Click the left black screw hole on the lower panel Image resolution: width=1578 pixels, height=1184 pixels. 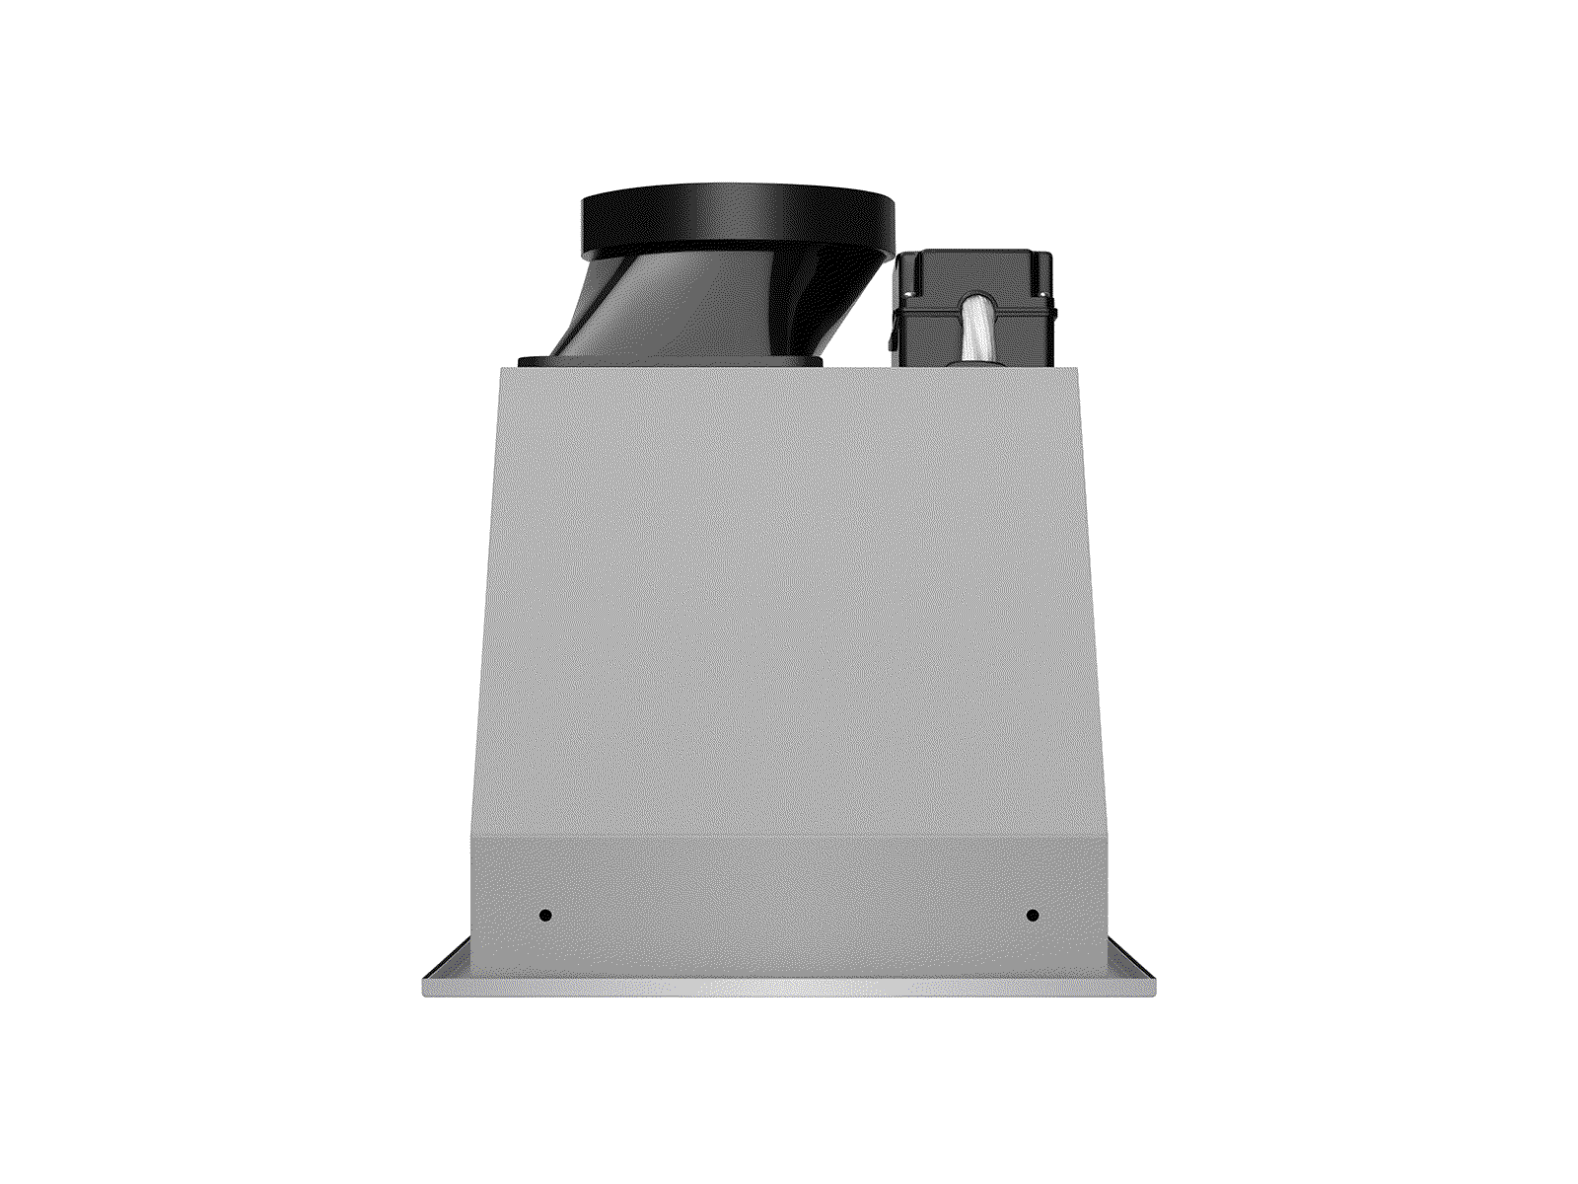(545, 915)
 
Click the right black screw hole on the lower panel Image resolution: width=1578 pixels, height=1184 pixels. (1032, 915)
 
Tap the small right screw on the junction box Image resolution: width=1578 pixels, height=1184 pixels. (1041, 292)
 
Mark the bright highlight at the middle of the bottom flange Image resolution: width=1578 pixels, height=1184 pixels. (789, 987)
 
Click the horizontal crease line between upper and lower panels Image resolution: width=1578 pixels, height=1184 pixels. (789, 838)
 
